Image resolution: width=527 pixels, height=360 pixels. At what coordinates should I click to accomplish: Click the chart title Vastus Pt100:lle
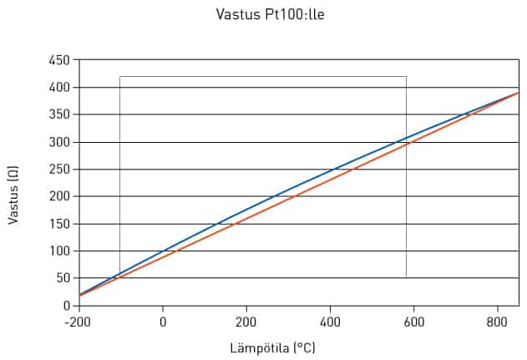[x=271, y=14]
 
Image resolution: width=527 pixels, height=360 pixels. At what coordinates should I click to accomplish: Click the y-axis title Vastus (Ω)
[x=13, y=195]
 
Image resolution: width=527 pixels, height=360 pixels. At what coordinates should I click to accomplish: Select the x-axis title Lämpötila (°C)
[x=272, y=347]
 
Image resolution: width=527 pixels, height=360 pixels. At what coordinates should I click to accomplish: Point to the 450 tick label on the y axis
[x=59, y=60]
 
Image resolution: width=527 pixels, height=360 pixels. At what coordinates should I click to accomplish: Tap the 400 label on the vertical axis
[x=59, y=88]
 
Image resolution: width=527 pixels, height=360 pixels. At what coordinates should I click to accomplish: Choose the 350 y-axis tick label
[x=59, y=114]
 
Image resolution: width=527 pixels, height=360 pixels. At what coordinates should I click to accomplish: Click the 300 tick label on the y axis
[x=59, y=142]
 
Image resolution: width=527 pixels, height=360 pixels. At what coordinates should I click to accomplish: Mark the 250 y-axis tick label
[x=59, y=169]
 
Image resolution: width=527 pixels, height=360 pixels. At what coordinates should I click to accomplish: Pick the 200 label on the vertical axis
[x=59, y=196]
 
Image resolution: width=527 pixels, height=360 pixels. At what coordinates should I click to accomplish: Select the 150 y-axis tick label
[x=59, y=224]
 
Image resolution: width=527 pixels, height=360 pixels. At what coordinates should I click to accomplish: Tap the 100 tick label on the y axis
[x=59, y=251]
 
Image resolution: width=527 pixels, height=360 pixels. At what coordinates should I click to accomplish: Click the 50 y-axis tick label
[x=63, y=278]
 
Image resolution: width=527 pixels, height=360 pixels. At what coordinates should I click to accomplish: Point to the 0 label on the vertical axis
[x=67, y=306]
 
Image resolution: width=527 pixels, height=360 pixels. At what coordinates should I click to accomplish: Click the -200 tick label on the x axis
[x=78, y=322]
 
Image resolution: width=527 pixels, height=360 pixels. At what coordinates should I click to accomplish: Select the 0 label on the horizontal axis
[x=163, y=322]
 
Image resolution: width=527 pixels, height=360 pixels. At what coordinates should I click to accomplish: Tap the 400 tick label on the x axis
[x=330, y=322]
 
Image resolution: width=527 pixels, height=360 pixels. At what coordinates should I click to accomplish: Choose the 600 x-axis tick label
[x=413, y=322]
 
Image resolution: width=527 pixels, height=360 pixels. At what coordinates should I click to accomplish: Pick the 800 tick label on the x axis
[x=497, y=322]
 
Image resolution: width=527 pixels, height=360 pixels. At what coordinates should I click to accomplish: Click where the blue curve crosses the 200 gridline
[x=276, y=196]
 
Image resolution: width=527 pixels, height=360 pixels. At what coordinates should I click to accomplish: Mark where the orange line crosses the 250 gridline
[x=355, y=169]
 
